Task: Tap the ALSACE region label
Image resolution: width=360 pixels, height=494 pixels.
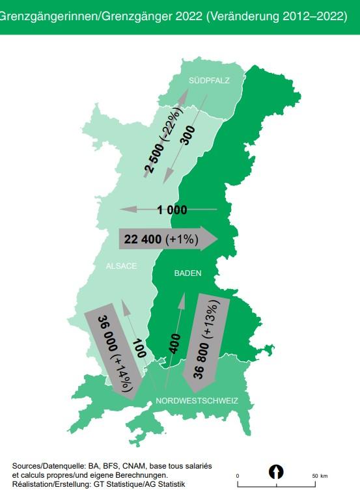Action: pyautogui.click(x=122, y=266)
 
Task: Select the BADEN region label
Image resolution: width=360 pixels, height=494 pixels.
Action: pyautogui.click(x=187, y=273)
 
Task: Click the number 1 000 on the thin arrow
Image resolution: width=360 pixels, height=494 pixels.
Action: pyautogui.click(x=172, y=210)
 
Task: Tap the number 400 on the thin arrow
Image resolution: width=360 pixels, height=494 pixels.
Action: pyautogui.click(x=174, y=344)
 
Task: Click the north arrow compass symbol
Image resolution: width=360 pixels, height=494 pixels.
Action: pyautogui.click(x=277, y=471)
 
